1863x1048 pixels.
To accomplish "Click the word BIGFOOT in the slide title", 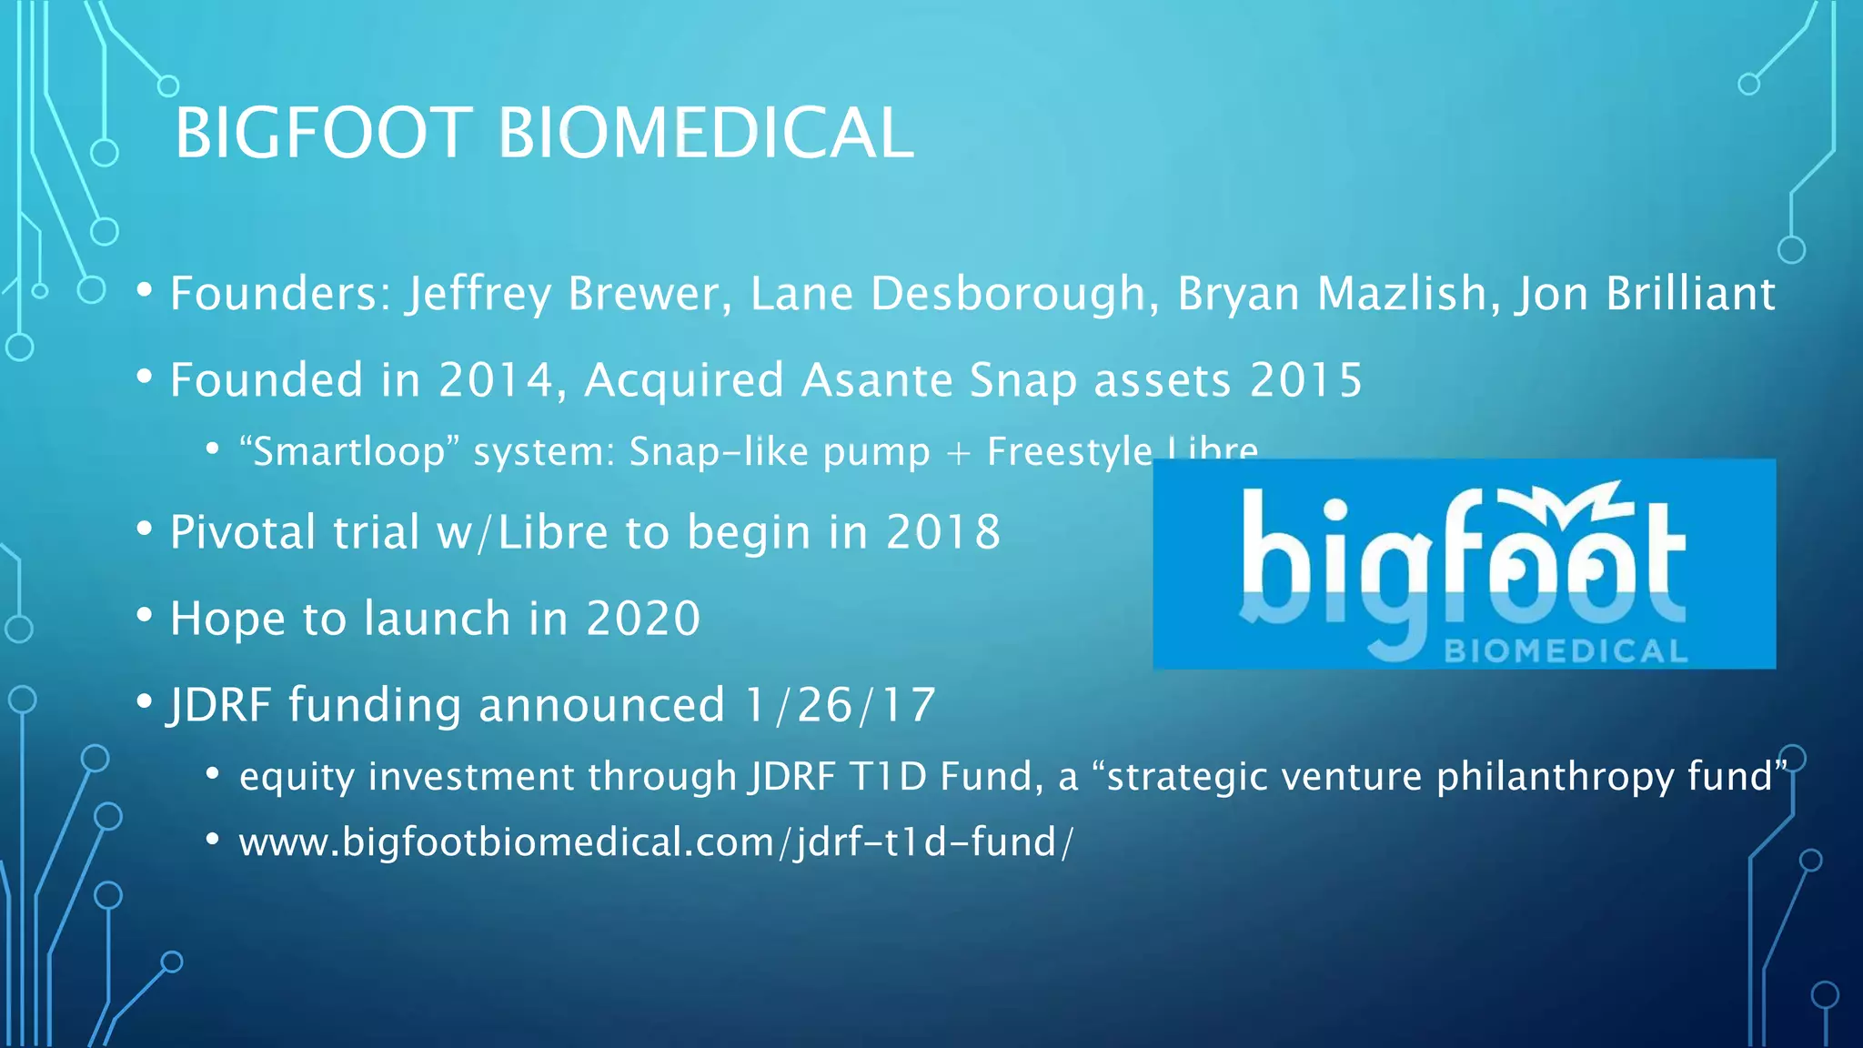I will click(x=323, y=134).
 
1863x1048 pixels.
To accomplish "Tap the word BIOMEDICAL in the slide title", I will click(x=705, y=134).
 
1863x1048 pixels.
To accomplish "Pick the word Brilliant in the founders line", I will click(x=1690, y=294).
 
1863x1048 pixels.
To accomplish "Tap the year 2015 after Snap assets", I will click(x=1305, y=380).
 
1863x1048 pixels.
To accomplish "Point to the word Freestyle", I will click(x=1070, y=452).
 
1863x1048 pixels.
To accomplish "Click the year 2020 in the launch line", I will click(x=643, y=619).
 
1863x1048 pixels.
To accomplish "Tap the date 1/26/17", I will click(x=840, y=705).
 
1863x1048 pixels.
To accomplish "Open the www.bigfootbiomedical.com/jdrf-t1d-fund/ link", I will click(x=655, y=842).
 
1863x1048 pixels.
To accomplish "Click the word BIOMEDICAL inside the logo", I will click(x=1566, y=651).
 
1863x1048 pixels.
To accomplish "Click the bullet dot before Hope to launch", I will click(x=145, y=616).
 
